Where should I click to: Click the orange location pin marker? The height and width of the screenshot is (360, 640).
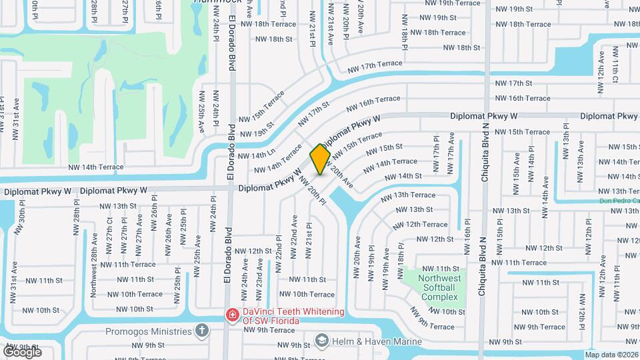click(320, 159)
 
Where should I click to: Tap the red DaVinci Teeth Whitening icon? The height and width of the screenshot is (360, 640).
click(232, 315)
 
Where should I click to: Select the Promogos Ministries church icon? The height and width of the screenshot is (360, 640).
click(202, 330)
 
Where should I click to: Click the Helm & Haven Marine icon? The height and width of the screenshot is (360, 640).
click(322, 341)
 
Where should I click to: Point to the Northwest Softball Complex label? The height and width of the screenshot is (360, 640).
click(439, 287)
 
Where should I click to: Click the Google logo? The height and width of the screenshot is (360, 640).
click(23, 351)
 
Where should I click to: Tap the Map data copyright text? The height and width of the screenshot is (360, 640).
click(612, 355)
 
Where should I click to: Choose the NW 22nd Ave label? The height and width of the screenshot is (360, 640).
click(294, 236)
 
